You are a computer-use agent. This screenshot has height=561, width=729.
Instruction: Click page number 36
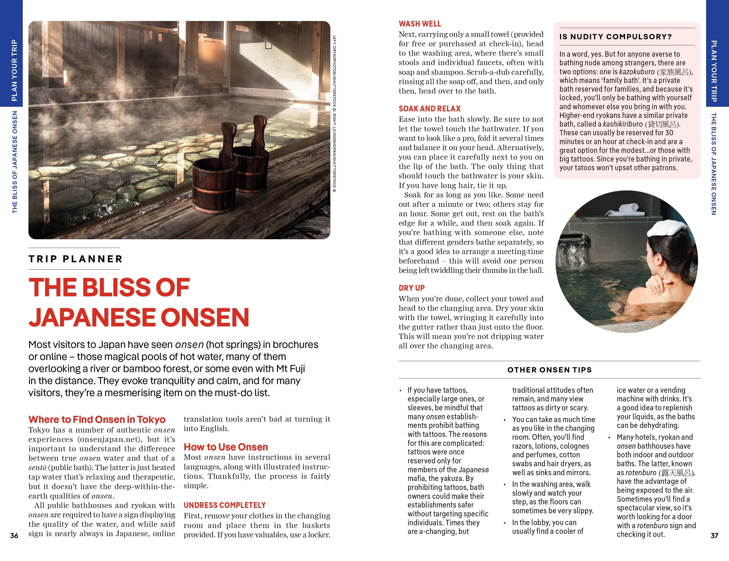click(x=14, y=536)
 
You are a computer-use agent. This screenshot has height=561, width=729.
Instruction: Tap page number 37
click(x=714, y=536)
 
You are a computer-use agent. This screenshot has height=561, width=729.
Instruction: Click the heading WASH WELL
click(x=419, y=24)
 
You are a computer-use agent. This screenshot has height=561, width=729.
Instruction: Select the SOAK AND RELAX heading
click(x=429, y=108)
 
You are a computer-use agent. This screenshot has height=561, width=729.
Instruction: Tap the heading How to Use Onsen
click(x=226, y=447)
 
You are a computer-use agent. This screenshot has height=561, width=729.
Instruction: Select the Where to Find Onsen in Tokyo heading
click(x=97, y=419)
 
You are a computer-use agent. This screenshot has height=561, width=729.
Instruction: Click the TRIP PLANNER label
click(x=75, y=259)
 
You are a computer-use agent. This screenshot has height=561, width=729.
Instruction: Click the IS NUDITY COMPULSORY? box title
click(x=615, y=37)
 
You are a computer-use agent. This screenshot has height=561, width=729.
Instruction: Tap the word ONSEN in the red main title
click(x=205, y=317)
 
